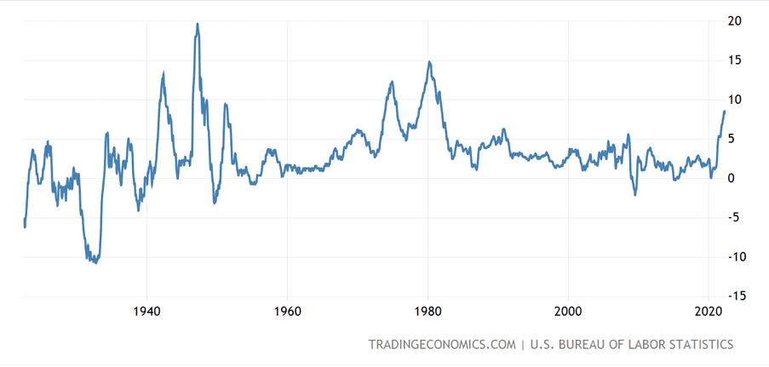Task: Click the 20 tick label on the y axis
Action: pos(734,21)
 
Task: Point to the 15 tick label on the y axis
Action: pos(734,60)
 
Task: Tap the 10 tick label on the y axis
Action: pos(734,100)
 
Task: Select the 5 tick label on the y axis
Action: pos(732,139)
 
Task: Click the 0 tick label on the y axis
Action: pos(732,178)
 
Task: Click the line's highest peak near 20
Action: pos(198,24)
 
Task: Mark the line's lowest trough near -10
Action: pos(95,263)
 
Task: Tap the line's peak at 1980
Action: pos(429,62)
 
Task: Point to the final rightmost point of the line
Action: pos(725,112)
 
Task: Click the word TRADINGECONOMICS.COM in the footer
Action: pos(442,344)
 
